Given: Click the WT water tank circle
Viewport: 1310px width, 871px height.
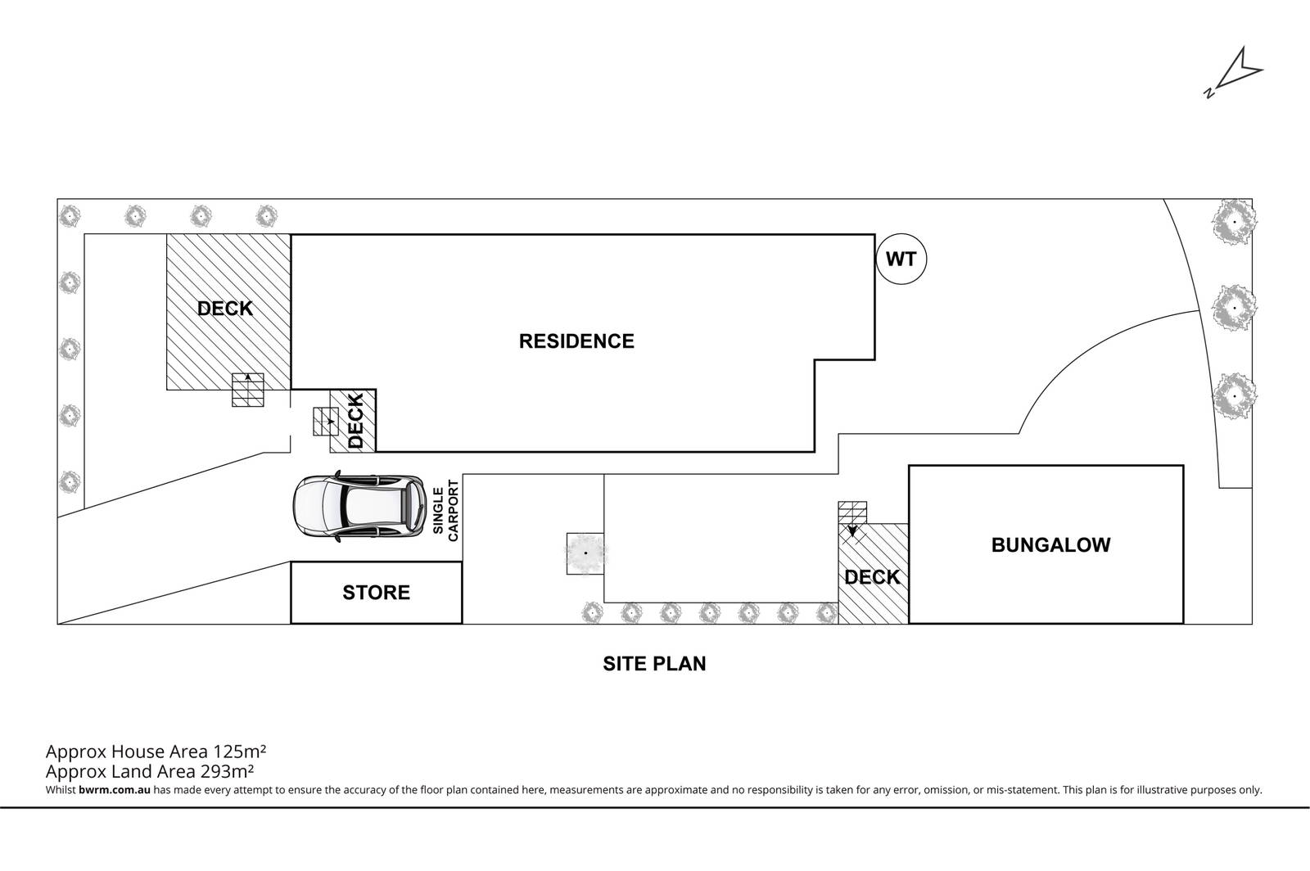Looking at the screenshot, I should click(x=901, y=259).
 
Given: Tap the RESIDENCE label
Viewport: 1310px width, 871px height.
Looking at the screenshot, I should click(x=576, y=341).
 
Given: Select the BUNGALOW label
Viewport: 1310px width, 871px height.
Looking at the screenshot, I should click(x=1050, y=544).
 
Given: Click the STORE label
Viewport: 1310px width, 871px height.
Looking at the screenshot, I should click(x=376, y=592).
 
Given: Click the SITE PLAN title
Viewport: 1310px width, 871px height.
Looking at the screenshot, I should click(x=654, y=663).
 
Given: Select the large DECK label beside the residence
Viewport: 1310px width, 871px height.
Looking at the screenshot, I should click(x=225, y=309).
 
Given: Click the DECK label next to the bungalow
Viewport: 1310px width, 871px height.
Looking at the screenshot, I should click(x=872, y=577).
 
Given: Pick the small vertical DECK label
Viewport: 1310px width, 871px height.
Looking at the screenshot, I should click(x=355, y=421).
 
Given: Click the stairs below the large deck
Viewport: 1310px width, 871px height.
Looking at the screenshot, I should click(x=249, y=390).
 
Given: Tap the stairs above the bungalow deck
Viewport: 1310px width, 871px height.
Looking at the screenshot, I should click(x=851, y=512).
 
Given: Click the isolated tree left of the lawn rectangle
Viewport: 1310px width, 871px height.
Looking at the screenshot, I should click(x=585, y=553).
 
